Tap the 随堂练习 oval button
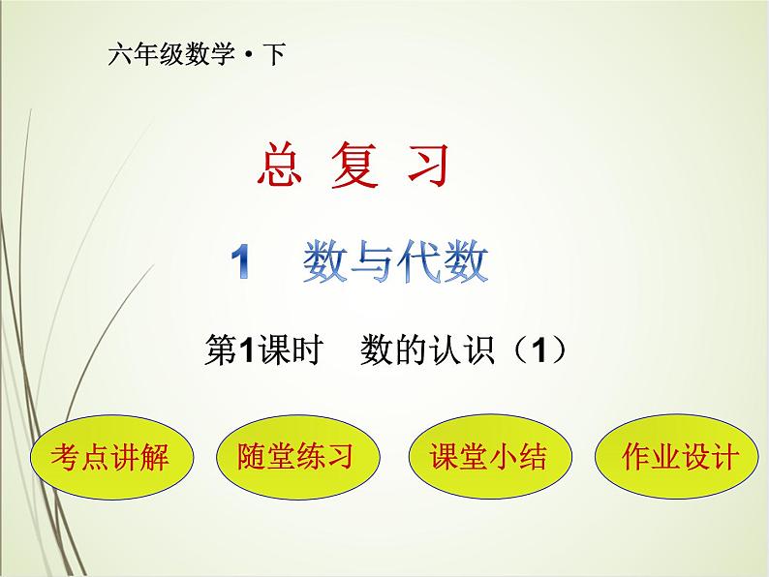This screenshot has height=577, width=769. coord(295,457)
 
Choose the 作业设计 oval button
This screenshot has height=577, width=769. coord(666,457)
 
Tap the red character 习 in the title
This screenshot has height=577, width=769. coord(428,166)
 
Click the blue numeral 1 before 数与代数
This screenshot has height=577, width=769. coord(242,263)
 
